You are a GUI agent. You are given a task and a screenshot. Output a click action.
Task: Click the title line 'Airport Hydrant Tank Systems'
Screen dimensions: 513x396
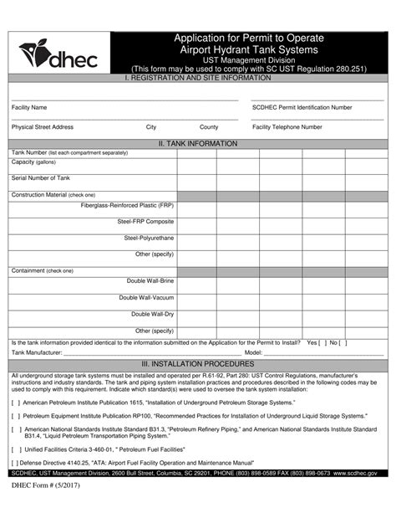click(x=248, y=49)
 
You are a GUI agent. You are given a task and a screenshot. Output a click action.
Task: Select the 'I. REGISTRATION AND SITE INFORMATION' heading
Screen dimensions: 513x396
click(x=198, y=78)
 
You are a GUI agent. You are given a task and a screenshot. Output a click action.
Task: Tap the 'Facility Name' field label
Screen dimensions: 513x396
click(x=29, y=108)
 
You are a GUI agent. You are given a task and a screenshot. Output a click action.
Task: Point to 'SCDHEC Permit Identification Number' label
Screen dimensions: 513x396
click(x=302, y=108)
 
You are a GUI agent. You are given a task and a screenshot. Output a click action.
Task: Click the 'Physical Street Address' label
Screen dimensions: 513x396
click(x=43, y=127)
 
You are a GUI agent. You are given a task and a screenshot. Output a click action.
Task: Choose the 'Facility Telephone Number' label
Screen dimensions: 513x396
click(x=287, y=127)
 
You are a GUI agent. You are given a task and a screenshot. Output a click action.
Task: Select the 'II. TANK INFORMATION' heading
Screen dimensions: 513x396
click(x=198, y=144)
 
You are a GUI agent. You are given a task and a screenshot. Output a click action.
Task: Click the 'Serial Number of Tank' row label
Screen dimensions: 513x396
click(x=41, y=178)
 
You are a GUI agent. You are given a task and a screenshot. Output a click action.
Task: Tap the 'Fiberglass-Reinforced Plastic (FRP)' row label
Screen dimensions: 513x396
click(x=127, y=205)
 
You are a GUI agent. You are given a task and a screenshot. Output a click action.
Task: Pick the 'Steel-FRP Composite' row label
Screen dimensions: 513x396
click(x=145, y=222)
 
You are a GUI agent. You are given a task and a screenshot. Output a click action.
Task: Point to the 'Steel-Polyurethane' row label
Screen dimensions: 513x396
click(x=149, y=238)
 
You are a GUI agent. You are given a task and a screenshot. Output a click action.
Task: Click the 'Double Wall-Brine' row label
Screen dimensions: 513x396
click(x=150, y=281)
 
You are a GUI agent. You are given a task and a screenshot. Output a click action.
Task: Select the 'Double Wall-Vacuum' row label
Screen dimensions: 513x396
click(x=146, y=298)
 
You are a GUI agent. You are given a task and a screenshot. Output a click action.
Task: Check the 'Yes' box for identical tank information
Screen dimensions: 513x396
click(x=322, y=343)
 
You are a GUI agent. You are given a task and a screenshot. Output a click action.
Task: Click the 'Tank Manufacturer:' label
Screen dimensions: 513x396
click(x=38, y=353)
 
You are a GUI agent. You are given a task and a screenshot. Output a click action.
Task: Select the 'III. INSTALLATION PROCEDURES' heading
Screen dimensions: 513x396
click(x=198, y=364)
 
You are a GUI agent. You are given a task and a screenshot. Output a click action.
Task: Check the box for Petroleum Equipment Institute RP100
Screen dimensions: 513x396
click(x=16, y=415)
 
